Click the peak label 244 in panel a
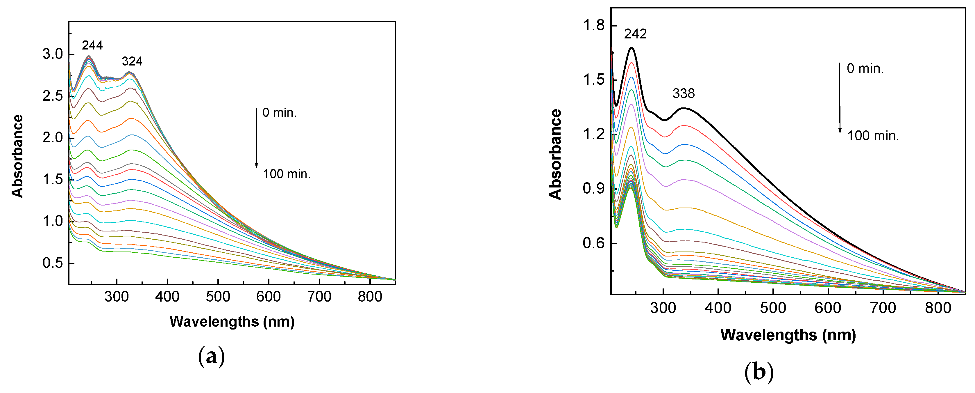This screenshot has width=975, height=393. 92,45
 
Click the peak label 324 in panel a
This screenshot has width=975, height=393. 132,61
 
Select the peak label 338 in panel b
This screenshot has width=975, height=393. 684,94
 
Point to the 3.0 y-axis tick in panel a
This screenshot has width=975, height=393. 53,54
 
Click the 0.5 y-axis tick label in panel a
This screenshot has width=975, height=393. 53,263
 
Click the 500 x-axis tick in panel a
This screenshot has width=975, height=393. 218,296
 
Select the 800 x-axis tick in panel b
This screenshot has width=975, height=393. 938,308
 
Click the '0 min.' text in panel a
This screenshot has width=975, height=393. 279,113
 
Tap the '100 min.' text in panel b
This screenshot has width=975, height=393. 873,136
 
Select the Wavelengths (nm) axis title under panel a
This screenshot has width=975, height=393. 232,321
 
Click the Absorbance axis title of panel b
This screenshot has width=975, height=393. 555,154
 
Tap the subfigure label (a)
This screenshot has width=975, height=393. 211,357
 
